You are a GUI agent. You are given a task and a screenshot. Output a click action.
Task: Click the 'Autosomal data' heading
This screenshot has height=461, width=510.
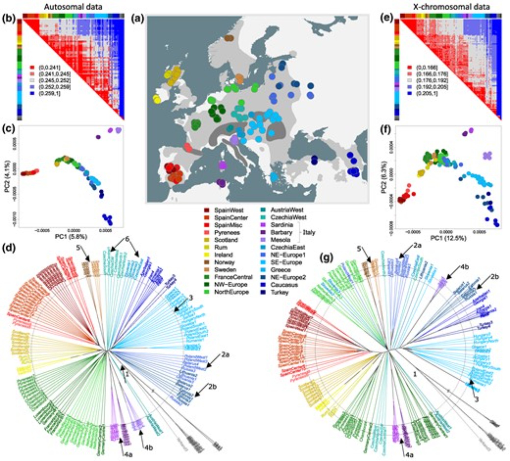coord(73,7)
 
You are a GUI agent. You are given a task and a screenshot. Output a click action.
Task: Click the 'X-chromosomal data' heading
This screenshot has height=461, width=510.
coord(451,7)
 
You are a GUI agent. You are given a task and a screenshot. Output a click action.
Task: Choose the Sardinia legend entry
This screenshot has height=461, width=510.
coord(277,225)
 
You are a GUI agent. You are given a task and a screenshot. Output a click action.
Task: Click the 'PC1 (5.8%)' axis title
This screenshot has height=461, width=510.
coord(71,237)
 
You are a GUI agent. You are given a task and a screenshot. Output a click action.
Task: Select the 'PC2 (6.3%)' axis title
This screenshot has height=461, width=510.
coord(383,179)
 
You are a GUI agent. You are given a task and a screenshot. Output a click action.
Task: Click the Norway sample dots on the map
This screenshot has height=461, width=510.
coord(229,38)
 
